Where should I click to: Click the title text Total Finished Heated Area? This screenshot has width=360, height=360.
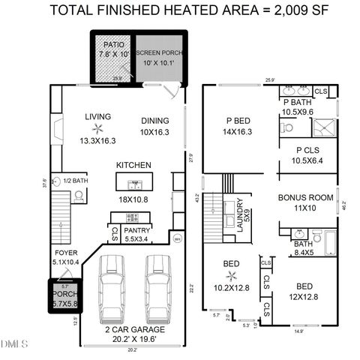pyautogui.click(x=180, y=10)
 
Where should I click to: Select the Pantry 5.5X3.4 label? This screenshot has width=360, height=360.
pyautogui.click(x=136, y=235)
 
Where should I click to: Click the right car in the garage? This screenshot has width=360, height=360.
pyautogui.click(x=158, y=287)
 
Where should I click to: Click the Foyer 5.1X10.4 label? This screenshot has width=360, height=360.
pyautogui.click(x=65, y=257)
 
